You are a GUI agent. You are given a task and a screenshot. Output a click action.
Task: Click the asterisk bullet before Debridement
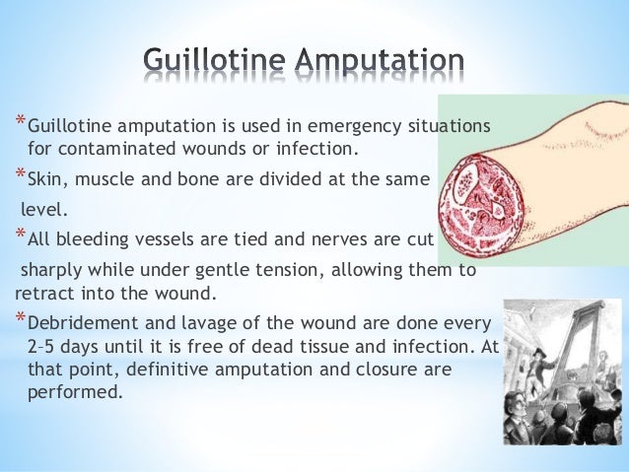coord(20,319)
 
